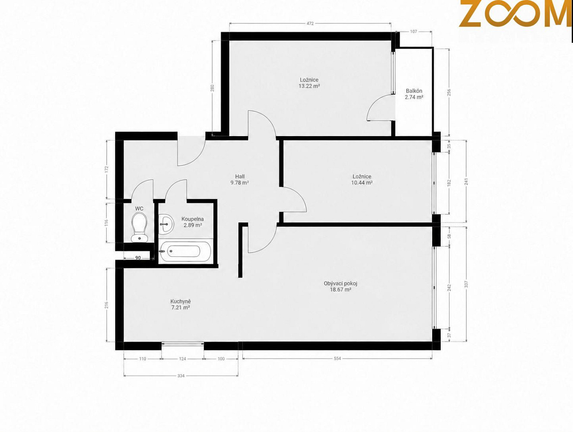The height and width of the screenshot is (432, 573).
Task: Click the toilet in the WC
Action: [140, 227]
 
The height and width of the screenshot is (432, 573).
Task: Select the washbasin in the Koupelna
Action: [166, 224]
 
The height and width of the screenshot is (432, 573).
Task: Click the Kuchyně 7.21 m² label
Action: [181, 305]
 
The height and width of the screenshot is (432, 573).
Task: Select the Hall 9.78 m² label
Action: [240, 180]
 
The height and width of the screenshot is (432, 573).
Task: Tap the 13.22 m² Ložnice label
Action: [309, 83]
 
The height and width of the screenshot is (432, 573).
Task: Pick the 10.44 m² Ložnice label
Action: [362, 180]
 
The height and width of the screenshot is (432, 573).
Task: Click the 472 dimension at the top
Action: [310, 24]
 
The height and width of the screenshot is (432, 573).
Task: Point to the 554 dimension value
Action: [337, 359]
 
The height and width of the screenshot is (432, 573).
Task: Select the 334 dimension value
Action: [181, 376]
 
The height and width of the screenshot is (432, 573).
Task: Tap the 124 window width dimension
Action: [182, 359]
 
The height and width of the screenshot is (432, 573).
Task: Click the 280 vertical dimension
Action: [213, 88]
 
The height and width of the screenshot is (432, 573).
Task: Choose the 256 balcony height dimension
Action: [449, 92]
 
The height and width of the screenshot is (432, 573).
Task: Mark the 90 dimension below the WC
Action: [138, 258]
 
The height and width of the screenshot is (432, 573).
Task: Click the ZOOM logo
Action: [515, 13]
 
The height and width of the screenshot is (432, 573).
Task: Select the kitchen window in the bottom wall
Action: [182, 344]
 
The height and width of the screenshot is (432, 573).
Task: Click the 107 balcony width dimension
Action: [414, 32]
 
